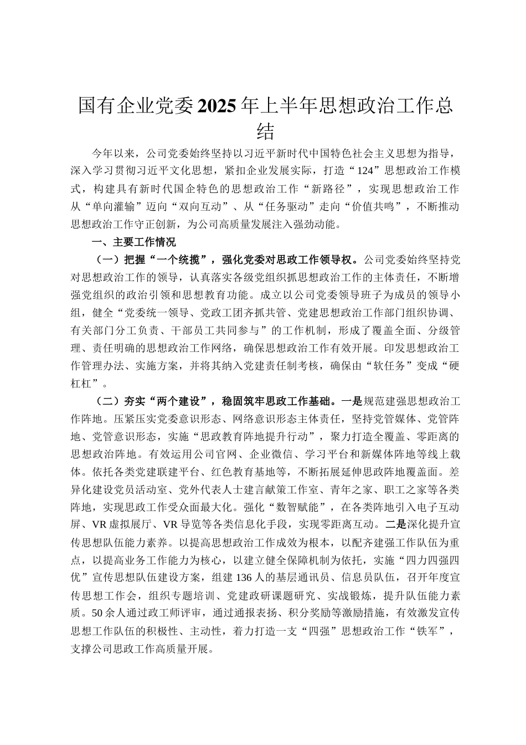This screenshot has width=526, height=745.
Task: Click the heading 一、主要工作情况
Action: pyautogui.click(x=133, y=242)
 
